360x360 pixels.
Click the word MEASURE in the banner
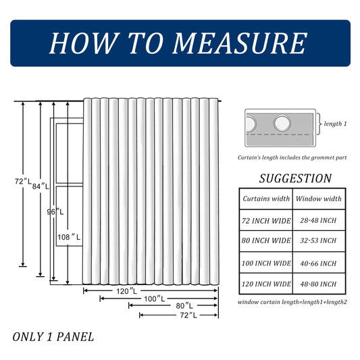239,43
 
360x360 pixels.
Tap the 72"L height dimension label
23,182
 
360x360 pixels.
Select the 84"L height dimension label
41,186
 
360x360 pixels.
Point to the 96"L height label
55,211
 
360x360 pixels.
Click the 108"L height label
69,237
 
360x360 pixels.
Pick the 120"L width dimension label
126,291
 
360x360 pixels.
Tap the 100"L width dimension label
154,299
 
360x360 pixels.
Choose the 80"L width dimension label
184,305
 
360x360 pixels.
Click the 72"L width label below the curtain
188,315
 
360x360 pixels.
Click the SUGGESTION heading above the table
295,178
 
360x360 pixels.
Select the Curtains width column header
266,199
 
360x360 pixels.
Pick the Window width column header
319,199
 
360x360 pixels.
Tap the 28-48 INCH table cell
318,220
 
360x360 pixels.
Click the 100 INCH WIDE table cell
266,263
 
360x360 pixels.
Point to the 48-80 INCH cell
318,284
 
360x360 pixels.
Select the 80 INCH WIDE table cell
266,240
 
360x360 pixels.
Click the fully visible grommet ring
282,123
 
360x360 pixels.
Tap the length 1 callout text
335,124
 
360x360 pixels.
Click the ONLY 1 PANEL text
53,337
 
